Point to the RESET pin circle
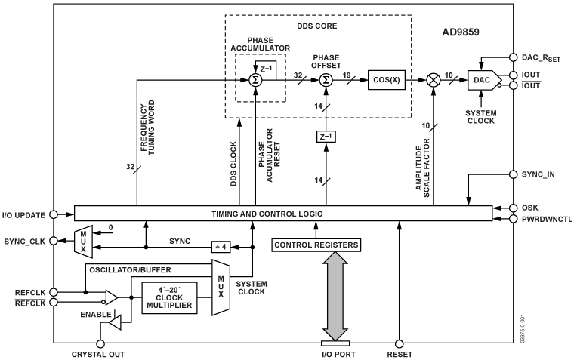pyautogui.click(x=400, y=342)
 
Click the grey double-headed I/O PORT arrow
pyautogui.click(x=335, y=297)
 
